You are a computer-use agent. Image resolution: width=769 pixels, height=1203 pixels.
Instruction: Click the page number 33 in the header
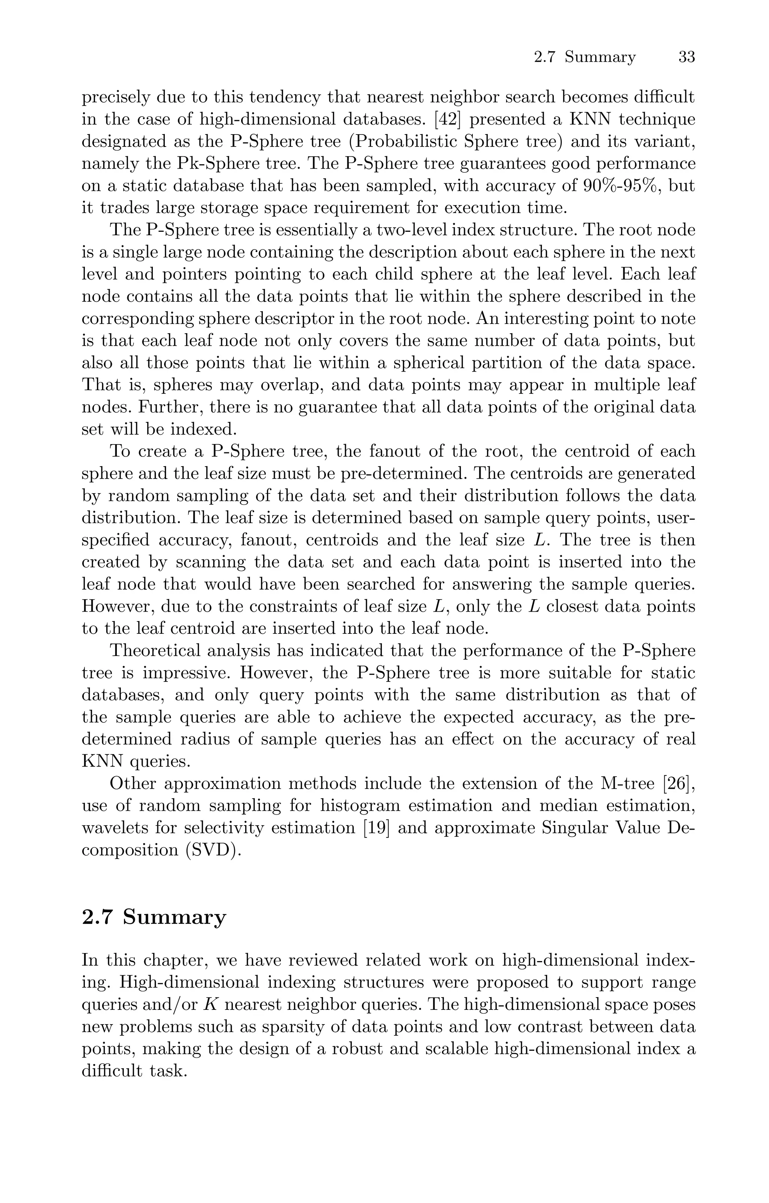(x=687, y=57)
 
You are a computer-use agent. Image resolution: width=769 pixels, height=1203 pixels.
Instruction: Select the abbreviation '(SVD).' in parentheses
(x=213, y=850)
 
